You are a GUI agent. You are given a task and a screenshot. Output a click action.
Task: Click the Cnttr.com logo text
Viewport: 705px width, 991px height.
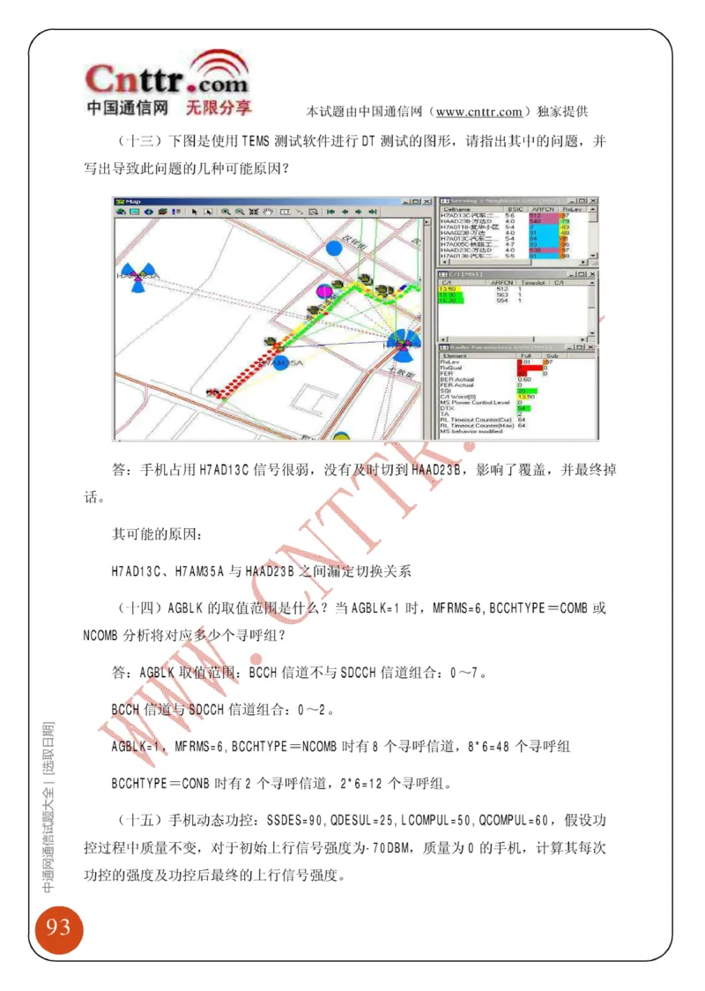(x=167, y=82)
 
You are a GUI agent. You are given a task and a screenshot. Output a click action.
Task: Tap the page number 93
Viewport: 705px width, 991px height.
(x=58, y=927)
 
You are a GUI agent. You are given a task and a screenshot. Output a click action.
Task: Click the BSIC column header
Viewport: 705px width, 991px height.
(x=511, y=210)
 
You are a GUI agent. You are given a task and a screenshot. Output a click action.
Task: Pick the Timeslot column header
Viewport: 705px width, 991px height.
(x=533, y=282)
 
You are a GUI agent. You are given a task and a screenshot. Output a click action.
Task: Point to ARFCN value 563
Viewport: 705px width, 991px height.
(x=502, y=294)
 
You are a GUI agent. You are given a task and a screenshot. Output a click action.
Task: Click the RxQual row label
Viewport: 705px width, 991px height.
(x=451, y=367)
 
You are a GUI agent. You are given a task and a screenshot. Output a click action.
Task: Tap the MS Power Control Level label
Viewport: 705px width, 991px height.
(x=474, y=402)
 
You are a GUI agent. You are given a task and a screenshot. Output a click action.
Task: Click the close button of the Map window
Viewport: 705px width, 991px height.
(x=429, y=202)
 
